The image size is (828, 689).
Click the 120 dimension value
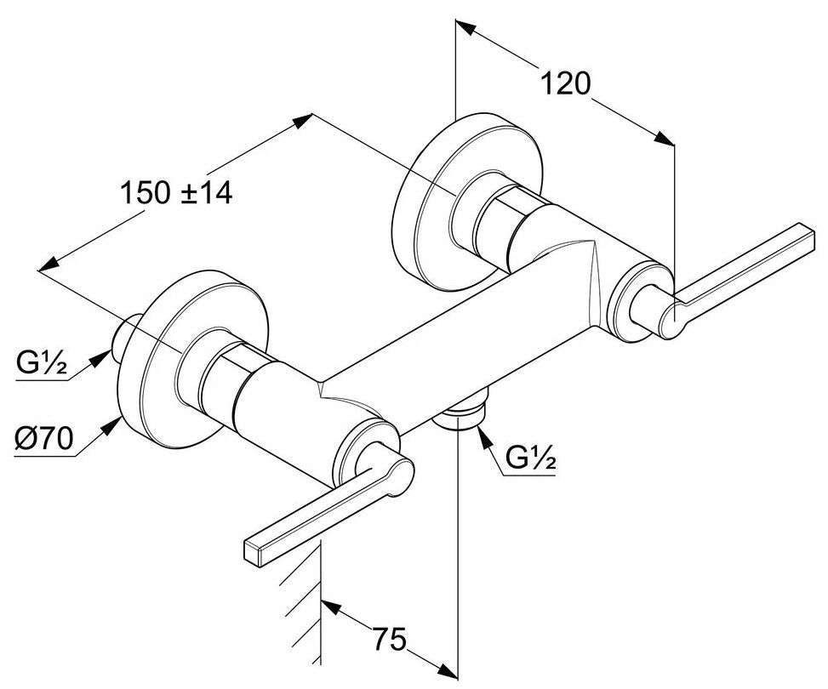[566, 83]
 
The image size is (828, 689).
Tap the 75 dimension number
[391, 638]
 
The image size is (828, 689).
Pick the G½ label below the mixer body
[530, 459]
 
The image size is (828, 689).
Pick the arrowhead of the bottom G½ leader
[483, 436]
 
